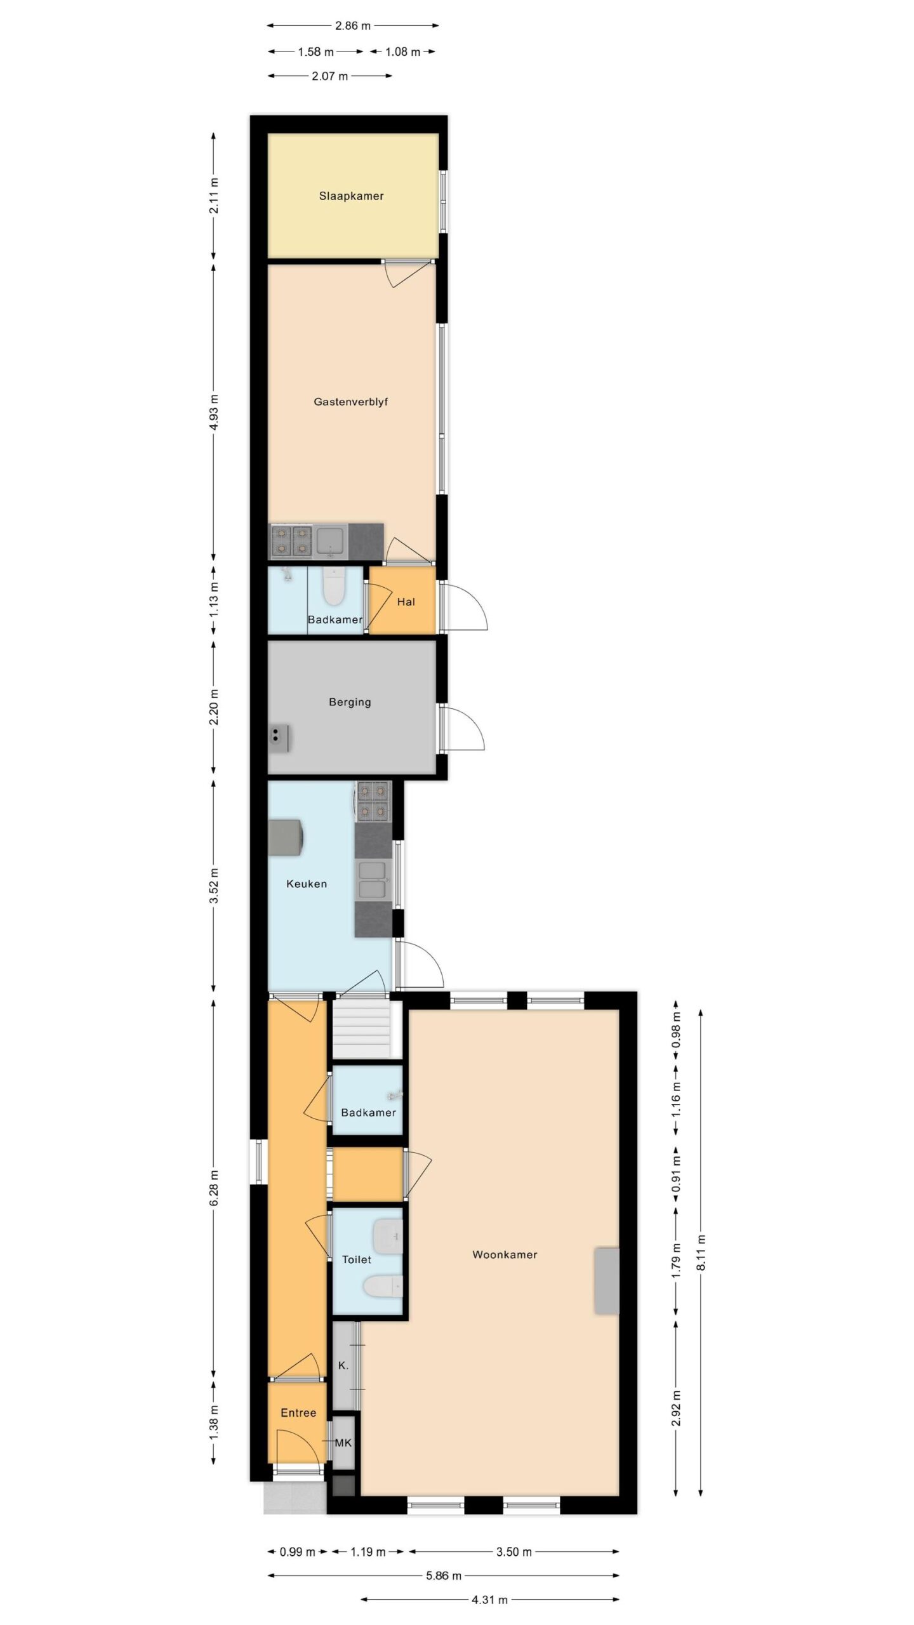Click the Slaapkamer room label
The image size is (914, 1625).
pos(351,196)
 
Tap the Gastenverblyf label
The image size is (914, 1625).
pos(350,402)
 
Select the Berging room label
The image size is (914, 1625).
pos(350,702)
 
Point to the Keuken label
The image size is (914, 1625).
pos(307,884)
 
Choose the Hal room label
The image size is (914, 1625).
pos(406,602)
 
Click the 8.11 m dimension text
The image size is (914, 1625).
pos(701,1252)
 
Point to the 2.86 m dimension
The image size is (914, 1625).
pos(353,26)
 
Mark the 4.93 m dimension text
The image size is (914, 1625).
pos(214,412)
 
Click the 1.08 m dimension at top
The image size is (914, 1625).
pos(402,51)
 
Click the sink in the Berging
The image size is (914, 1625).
pos(279,738)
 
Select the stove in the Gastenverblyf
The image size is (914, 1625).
pos(292,541)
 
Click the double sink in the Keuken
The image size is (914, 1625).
pos(373,880)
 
